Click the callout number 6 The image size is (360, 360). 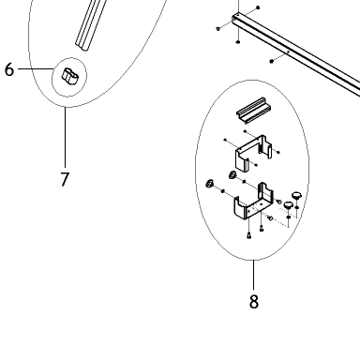9,69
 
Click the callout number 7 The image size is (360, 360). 65,179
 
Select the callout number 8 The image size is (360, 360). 254,302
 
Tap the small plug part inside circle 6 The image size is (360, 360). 70,76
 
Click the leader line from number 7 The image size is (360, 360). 66,137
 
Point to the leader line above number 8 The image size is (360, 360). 253,275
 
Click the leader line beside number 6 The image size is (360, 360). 36,68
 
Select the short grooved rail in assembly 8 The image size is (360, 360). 254,110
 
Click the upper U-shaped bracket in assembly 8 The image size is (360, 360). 253,153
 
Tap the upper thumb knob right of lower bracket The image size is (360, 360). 296,196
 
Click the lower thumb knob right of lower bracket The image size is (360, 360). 288,206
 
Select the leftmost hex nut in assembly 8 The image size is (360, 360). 209,184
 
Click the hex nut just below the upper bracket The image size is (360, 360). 232,175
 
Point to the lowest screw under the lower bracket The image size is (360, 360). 249,235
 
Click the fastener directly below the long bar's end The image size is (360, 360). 238,41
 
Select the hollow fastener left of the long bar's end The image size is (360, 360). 218,29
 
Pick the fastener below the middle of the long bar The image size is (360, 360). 271,61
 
